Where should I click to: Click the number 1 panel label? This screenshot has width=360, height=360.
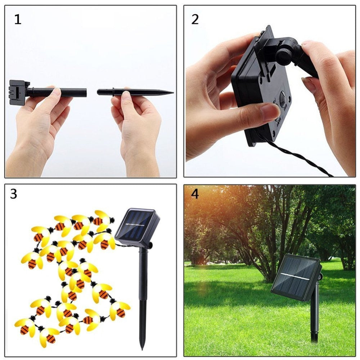click(18, 19)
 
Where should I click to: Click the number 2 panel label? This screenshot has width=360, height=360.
click(195, 19)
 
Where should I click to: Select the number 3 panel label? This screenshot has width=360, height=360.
click(14, 194)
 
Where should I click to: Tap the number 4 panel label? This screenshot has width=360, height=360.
click(195, 194)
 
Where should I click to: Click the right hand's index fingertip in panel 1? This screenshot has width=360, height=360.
click(126, 96)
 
